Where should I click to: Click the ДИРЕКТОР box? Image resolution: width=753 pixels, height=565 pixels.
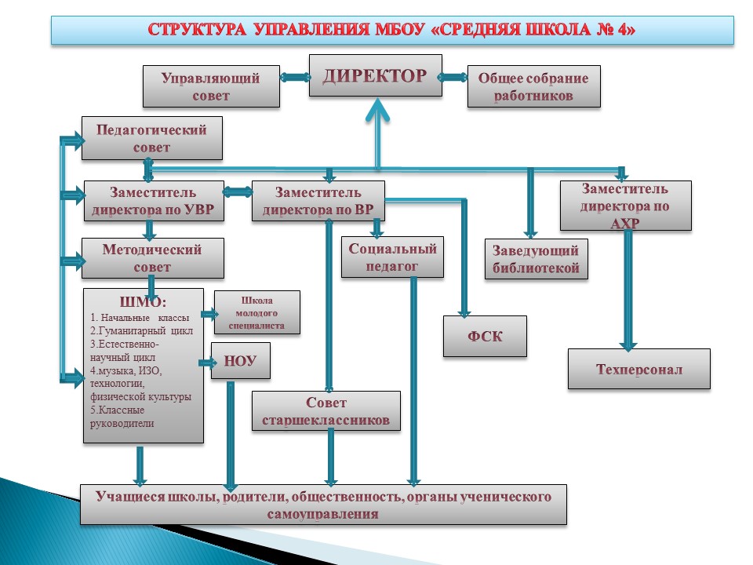tap(376, 75)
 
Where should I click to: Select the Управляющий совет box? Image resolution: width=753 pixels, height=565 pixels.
tap(211, 86)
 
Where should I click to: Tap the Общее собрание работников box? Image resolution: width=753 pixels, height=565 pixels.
tap(534, 86)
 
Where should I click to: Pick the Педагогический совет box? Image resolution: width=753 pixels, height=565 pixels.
tap(151, 138)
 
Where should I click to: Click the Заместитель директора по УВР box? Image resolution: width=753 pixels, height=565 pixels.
tap(154, 201)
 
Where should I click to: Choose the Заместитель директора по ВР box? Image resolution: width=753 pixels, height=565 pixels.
tap(318, 201)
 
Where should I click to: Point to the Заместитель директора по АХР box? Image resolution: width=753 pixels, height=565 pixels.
tap(626, 206)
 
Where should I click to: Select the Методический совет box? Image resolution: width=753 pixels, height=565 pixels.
tap(153, 258)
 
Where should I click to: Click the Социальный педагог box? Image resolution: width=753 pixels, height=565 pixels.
tap(392, 257)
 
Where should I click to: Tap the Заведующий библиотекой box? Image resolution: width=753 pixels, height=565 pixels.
tap(537, 259)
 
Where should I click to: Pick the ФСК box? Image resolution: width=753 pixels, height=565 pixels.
tap(485, 337)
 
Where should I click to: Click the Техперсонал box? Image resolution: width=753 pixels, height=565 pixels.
tap(639, 369)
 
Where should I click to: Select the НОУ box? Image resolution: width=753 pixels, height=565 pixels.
tap(241, 361)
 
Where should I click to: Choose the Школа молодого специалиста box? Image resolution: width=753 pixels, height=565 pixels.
tap(257, 312)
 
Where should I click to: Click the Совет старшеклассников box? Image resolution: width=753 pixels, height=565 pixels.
tap(326, 410)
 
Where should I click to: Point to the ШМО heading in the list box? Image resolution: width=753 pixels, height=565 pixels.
tap(143, 301)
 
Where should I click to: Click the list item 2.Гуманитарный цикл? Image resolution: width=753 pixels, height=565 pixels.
tap(142, 330)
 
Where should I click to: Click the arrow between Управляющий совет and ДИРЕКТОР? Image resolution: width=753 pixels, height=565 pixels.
tap(294, 77)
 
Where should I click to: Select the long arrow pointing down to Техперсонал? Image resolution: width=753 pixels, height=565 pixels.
tap(627, 290)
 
